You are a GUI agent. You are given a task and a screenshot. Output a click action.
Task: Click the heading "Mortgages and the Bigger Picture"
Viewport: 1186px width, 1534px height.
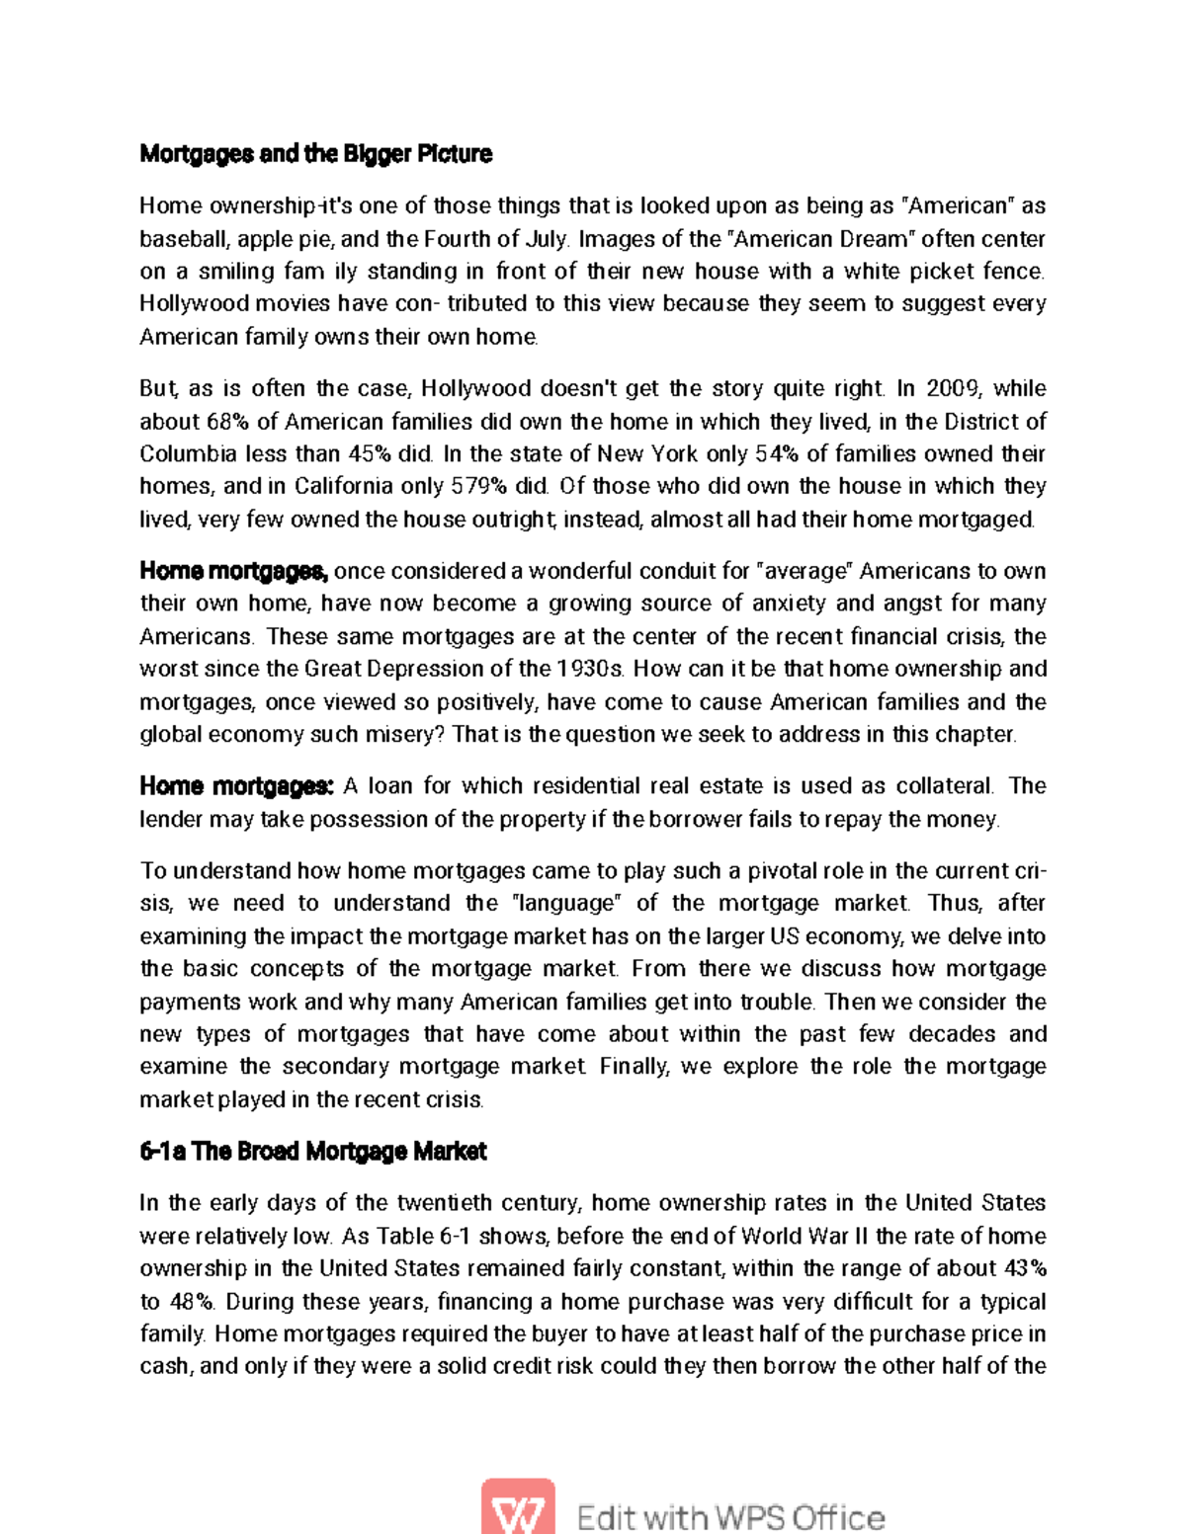pos(315,154)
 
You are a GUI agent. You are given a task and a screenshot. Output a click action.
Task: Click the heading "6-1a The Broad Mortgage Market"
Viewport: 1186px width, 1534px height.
pos(312,1152)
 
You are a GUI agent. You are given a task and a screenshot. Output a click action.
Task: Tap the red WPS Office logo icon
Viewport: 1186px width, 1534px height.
pos(517,1508)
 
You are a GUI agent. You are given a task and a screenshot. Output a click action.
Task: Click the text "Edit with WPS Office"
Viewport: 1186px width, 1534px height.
pos(730,1516)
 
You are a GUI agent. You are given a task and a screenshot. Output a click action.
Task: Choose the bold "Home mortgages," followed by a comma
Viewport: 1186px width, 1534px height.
pos(233,571)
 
